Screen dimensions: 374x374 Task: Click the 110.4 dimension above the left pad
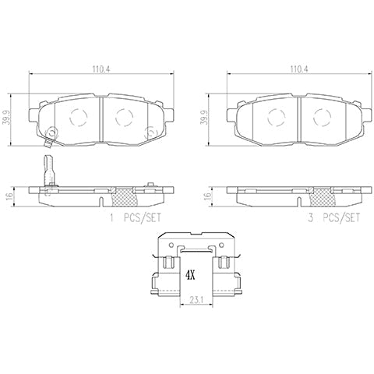(x=99, y=69)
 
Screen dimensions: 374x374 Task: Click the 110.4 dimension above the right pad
(x=296, y=69)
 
